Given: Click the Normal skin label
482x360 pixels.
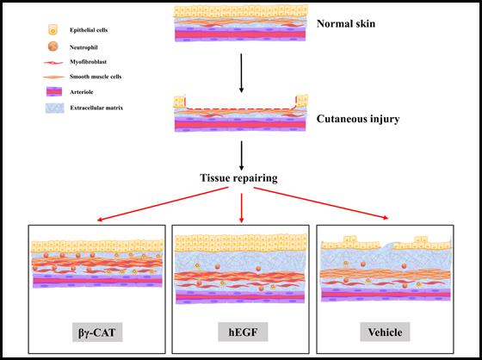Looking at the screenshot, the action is [346, 24].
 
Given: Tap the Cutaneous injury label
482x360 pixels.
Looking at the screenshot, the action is [358, 119].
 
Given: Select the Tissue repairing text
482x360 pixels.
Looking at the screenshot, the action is [239, 177].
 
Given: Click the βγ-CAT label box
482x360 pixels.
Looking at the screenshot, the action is [97, 332].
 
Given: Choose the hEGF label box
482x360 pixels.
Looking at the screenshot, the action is [243, 332].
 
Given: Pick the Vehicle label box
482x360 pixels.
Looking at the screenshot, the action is [385, 332].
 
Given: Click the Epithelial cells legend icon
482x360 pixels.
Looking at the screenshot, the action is [53, 30].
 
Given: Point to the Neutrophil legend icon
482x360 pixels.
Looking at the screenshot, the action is [53, 47].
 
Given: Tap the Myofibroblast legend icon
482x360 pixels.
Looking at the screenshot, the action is [53, 63].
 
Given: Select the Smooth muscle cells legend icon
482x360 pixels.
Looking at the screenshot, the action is [53, 77].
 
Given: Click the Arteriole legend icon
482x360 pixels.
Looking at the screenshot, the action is [54, 91].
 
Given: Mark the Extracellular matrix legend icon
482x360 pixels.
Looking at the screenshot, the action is [55, 108].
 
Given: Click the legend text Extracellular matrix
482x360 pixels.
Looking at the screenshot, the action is [96, 108].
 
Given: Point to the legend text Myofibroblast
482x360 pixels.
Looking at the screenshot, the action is [88, 62].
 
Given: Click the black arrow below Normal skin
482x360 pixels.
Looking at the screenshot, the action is [241, 73].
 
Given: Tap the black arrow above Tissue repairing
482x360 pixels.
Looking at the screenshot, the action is [241, 156].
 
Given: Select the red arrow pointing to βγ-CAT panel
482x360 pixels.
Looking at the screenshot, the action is [163, 204].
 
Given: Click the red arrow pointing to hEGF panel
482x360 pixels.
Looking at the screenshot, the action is [242, 208].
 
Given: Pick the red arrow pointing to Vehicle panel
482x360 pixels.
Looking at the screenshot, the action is [321, 203].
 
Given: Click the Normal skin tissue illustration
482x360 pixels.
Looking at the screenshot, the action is [240, 22].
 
